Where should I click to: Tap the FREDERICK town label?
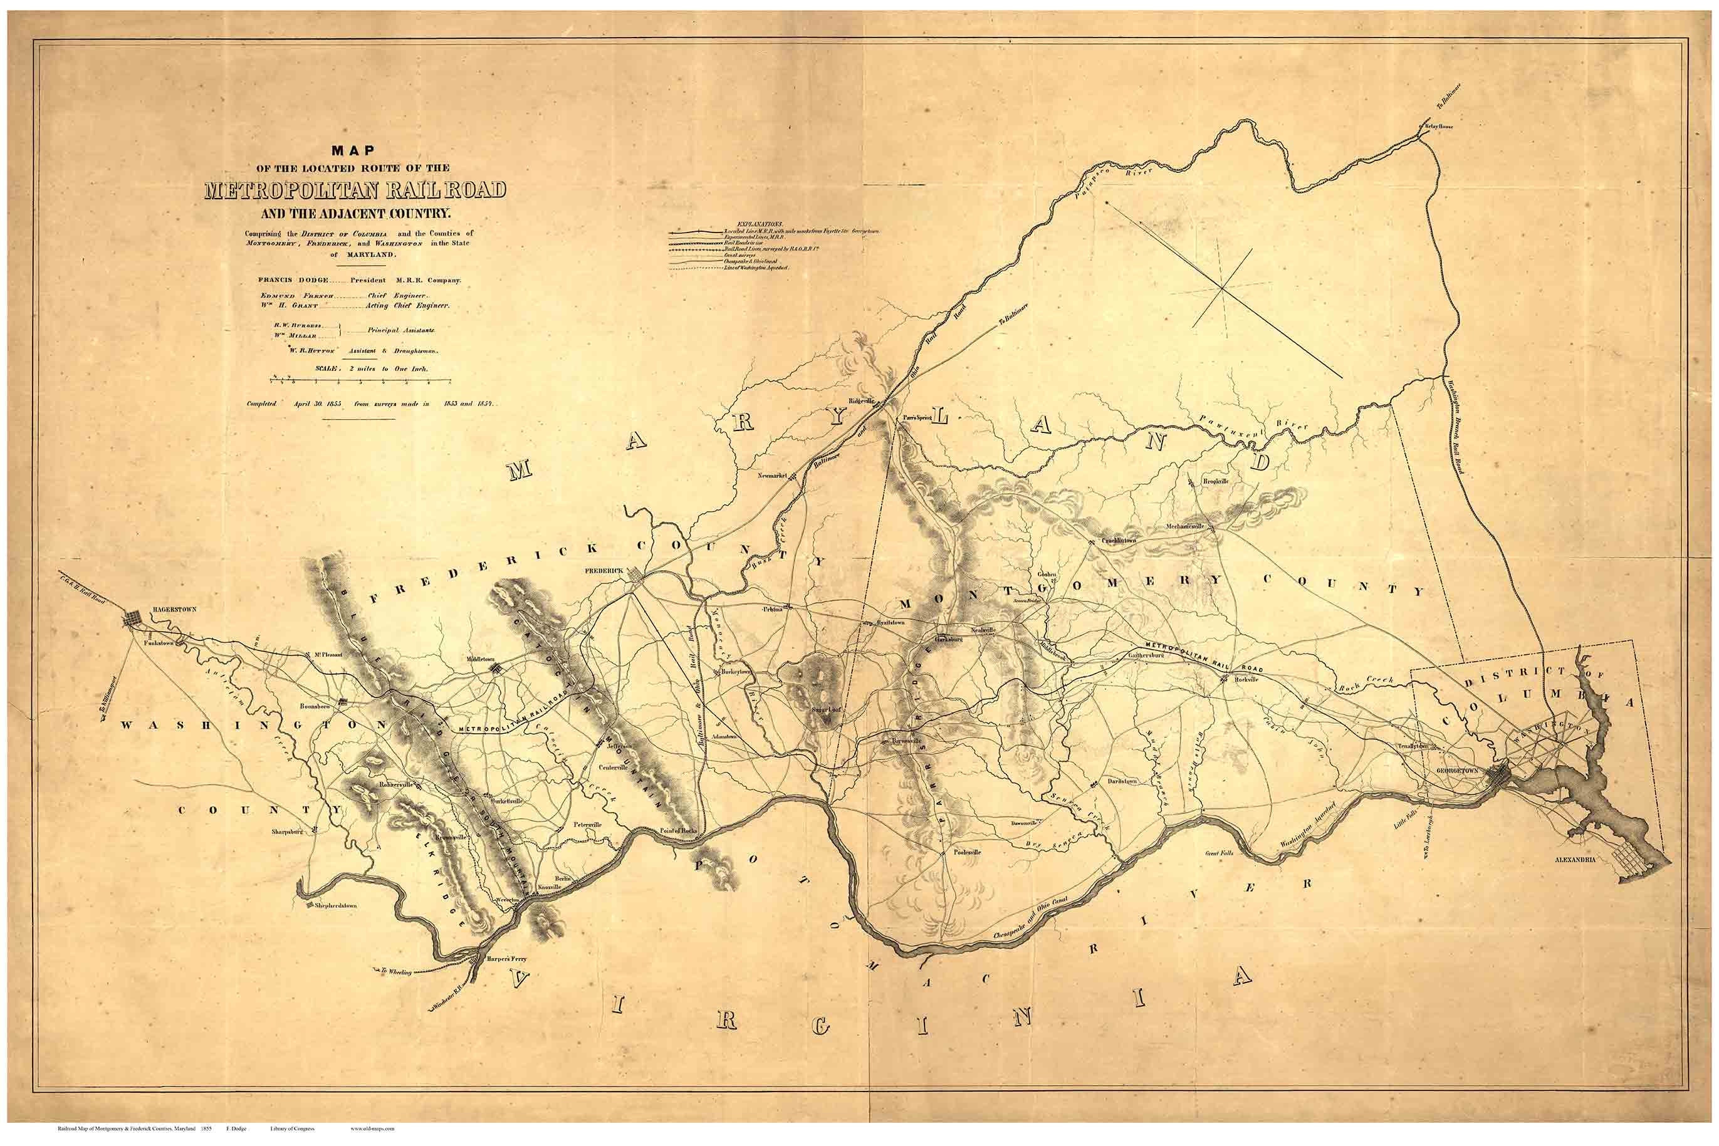tap(603, 570)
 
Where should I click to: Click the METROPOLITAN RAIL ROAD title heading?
tap(355, 189)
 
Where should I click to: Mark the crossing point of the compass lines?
tap(1221, 288)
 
